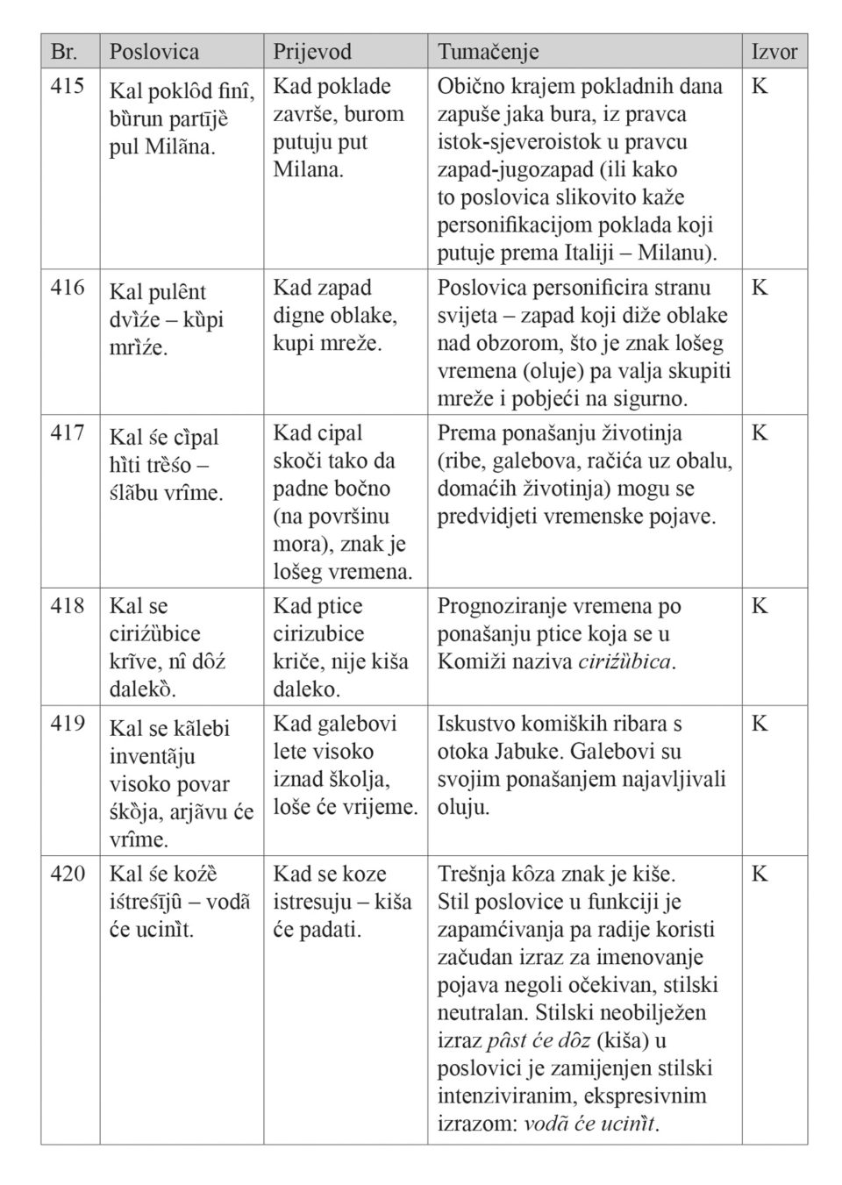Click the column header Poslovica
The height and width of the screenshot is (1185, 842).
click(153, 52)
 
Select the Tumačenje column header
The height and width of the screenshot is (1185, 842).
click(488, 52)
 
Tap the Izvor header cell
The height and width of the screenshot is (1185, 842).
click(774, 52)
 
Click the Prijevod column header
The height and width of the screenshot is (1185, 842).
click(311, 52)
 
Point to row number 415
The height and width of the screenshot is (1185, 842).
click(68, 86)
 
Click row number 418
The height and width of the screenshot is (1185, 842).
click(68, 606)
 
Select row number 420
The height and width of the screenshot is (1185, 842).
click(68, 874)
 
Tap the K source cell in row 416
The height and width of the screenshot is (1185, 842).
click(760, 288)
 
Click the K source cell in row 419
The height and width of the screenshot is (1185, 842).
click(760, 724)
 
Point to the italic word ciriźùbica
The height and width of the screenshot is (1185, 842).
click(625, 661)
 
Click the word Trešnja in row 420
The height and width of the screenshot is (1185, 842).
click(471, 874)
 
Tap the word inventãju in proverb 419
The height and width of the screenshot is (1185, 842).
click(153, 757)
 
